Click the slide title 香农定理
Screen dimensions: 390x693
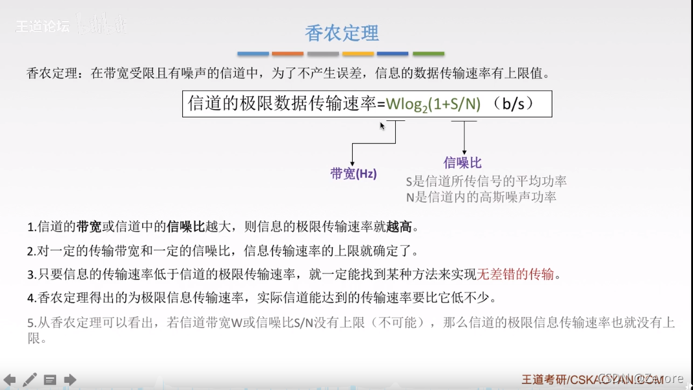pyautogui.click(x=342, y=32)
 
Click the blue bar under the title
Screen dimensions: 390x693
pyautogui.click(x=253, y=54)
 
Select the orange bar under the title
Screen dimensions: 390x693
pyautogui.click(x=287, y=54)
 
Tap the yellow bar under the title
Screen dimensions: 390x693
pyautogui.click(x=358, y=54)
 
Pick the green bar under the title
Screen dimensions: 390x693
pyautogui.click(x=428, y=54)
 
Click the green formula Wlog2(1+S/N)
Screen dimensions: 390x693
pyautogui.click(x=433, y=103)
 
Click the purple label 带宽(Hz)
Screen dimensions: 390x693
pyautogui.click(x=353, y=173)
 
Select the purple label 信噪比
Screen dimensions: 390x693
pyautogui.click(x=462, y=162)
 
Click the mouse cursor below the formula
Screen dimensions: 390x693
pyautogui.click(x=382, y=125)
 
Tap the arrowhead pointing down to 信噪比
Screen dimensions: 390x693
pyautogui.click(x=464, y=151)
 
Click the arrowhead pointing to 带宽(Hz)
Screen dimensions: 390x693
pyautogui.click(x=352, y=164)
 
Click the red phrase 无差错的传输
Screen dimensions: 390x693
pyautogui.click(x=515, y=274)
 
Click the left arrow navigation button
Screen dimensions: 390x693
pyautogui.click(x=9, y=380)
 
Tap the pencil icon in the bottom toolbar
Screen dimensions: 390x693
pyautogui.click(x=30, y=380)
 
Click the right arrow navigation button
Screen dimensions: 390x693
pyautogui.click(x=70, y=380)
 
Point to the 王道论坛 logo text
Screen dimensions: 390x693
pyautogui.click(x=43, y=27)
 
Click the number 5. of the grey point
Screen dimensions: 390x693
pyautogui.click(x=32, y=322)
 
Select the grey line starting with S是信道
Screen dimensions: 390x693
pyautogui.click(x=486, y=182)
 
